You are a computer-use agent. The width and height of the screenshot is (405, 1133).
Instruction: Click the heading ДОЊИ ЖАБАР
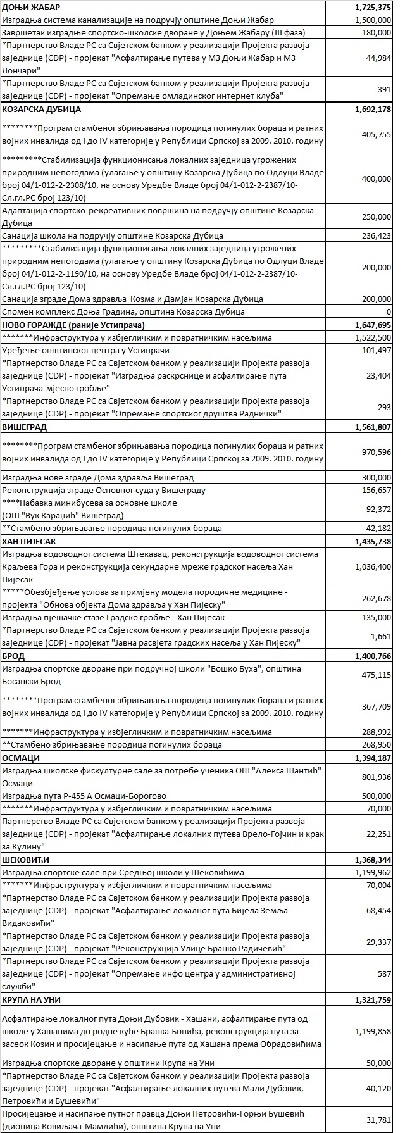coord(30,7)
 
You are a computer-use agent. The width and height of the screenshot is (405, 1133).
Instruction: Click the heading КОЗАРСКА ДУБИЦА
coord(42,110)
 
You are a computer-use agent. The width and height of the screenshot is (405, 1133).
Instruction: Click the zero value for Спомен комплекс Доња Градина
coord(388,312)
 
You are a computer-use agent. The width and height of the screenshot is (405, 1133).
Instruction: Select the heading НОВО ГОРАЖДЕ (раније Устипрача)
coord(73,325)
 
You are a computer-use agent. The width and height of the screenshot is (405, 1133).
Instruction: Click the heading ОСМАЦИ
coord(21,758)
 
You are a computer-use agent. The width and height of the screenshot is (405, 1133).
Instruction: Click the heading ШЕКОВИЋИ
coord(26,860)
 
